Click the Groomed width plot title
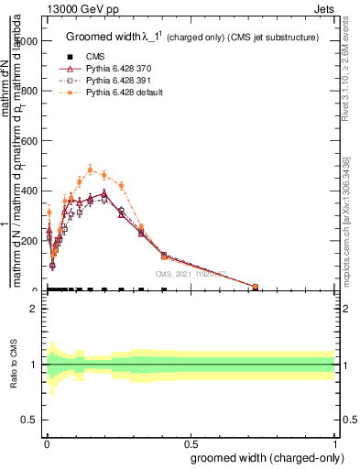click(192, 38)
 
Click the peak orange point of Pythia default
click(90, 169)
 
